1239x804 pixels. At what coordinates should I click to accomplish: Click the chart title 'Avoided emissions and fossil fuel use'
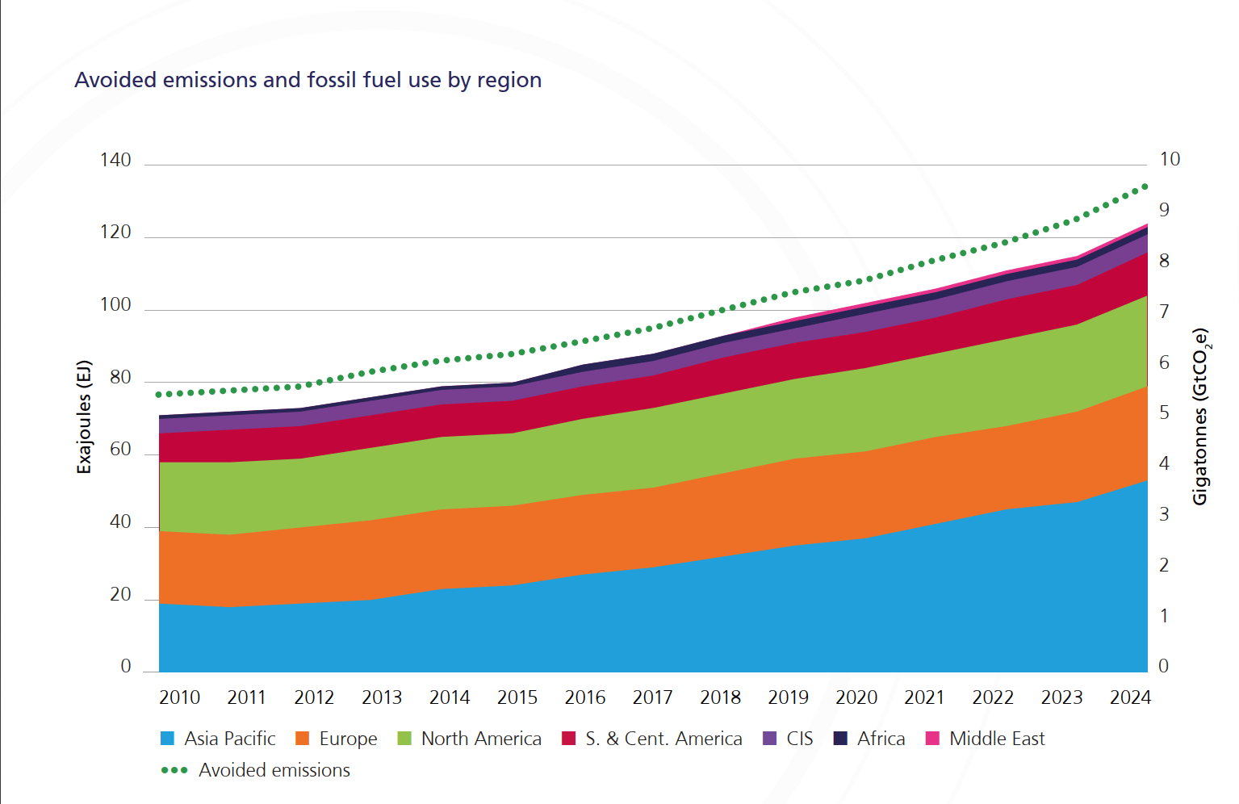[x=308, y=80]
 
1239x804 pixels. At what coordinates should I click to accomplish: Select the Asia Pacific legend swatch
[x=168, y=739]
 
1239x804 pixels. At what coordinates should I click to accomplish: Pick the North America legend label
[x=480, y=739]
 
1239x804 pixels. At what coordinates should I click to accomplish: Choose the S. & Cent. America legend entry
[x=663, y=739]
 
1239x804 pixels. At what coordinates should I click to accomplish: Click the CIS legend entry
[x=799, y=739]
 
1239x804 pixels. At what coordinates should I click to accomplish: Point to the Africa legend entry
[x=881, y=739]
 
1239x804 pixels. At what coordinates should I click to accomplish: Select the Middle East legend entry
[x=996, y=739]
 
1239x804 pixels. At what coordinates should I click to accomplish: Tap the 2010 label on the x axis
[x=179, y=697]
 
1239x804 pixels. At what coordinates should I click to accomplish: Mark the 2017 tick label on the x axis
[x=652, y=697]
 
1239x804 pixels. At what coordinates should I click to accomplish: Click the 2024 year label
[x=1130, y=697]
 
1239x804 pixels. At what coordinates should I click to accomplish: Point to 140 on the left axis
[x=115, y=160]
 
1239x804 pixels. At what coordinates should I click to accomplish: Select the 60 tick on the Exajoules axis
[x=120, y=449]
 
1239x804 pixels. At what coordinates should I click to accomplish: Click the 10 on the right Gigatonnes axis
[x=1170, y=159]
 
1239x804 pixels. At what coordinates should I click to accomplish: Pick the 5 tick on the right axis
[x=1164, y=412]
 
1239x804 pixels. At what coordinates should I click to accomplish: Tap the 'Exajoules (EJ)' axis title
[x=84, y=417]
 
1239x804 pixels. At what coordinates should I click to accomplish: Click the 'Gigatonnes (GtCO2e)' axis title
[x=1200, y=417]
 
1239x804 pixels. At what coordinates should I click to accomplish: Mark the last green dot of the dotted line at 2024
[x=1145, y=186]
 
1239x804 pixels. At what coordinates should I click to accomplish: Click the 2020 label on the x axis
[x=856, y=697]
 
